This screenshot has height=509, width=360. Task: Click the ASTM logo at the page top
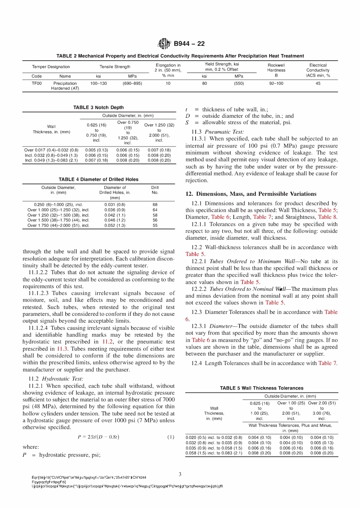tap(164, 44)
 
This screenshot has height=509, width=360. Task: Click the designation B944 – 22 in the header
tap(189, 44)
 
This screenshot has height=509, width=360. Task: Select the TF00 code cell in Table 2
tap(37, 83)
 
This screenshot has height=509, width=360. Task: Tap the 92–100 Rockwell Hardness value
tap(276, 83)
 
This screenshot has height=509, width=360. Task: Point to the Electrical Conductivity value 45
tap(318, 83)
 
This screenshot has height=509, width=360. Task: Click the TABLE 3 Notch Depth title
tap(99, 108)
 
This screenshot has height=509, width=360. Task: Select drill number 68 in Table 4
tap(155, 205)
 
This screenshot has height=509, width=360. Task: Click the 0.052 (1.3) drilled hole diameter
tap(115, 225)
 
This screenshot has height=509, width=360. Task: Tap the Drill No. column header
tap(155, 190)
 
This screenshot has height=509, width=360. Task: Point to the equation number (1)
tap(171, 437)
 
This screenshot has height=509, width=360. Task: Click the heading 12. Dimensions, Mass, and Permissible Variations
tap(251, 194)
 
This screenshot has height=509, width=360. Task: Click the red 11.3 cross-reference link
tap(63, 349)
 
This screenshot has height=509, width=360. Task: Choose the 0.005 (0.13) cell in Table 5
tap(322, 442)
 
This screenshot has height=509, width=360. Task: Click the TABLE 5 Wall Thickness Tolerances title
tap(261, 388)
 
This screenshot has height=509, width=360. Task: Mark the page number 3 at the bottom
tap(180, 474)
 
